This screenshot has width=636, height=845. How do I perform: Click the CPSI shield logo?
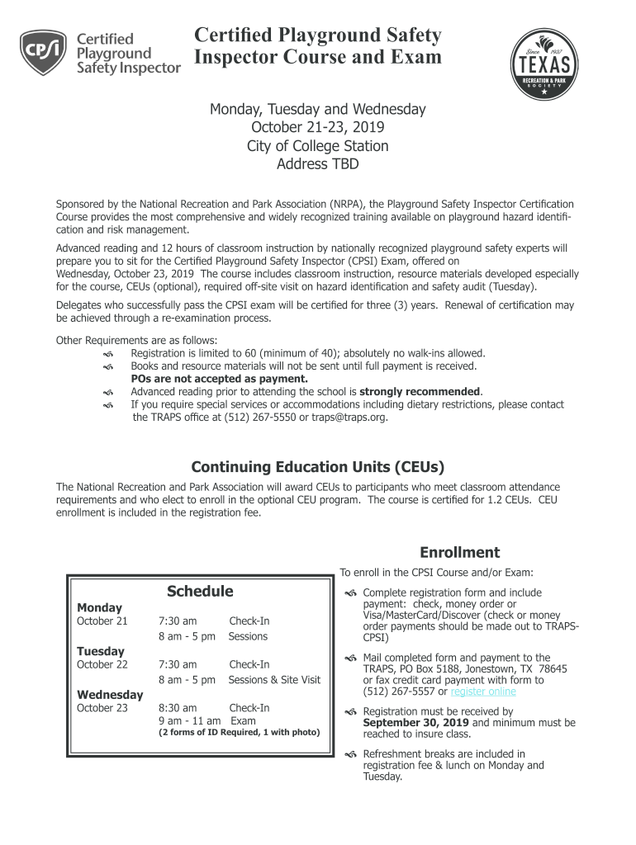pyautogui.click(x=43, y=53)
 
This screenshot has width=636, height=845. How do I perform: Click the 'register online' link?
pyautogui.click(x=483, y=692)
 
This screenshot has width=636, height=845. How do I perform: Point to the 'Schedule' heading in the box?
pyautogui.click(x=200, y=591)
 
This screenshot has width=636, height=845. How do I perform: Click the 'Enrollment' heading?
pyautogui.click(x=459, y=552)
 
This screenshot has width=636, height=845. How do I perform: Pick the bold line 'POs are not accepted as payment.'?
pyautogui.click(x=219, y=379)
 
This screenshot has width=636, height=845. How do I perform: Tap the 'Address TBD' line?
pyautogui.click(x=318, y=164)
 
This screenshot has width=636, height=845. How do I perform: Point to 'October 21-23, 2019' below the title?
pyautogui.click(x=318, y=128)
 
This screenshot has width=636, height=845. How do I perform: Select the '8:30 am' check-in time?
pyautogui.click(x=178, y=708)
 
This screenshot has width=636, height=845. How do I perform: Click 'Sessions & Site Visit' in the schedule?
pyautogui.click(x=274, y=679)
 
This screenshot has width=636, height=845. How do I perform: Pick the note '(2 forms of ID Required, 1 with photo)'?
pyautogui.click(x=239, y=732)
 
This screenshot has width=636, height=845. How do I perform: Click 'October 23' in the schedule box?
pyautogui.click(x=102, y=708)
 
